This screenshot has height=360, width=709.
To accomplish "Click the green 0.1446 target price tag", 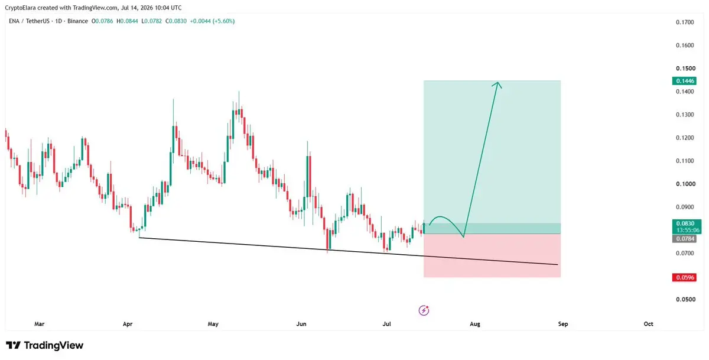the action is click(x=684, y=81).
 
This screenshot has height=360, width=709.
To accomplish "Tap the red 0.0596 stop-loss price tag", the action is click(x=684, y=277).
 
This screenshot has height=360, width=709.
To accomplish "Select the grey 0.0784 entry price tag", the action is click(x=684, y=239).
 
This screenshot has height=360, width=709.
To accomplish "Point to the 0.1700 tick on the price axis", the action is click(x=685, y=22).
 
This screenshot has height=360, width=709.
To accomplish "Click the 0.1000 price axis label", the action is click(x=685, y=184).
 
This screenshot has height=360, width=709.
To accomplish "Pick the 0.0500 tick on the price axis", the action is click(x=685, y=300).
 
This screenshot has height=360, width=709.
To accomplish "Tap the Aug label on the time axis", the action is click(x=475, y=324).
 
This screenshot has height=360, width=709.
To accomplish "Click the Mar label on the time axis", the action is click(x=39, y=324).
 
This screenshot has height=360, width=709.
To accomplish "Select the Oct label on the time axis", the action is click(x=648, y=324).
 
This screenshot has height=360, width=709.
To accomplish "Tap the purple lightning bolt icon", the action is click(x=424, y=310).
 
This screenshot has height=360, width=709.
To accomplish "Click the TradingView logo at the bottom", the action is click(x=45, y=345).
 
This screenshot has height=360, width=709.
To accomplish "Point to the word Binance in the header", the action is click(x=77, y=21).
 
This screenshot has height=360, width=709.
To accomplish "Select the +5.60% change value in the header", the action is click(x=223, y=21).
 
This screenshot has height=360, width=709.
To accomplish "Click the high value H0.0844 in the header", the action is click(x=127, y=21).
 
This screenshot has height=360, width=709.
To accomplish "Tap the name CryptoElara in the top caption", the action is click(x=20, y=8).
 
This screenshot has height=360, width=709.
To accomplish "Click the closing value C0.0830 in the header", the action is click(x=176, y=21).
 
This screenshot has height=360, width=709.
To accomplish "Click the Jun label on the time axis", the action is click(x=301, y=324).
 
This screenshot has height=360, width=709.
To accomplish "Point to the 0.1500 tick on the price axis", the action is click(x=685, y=69).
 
